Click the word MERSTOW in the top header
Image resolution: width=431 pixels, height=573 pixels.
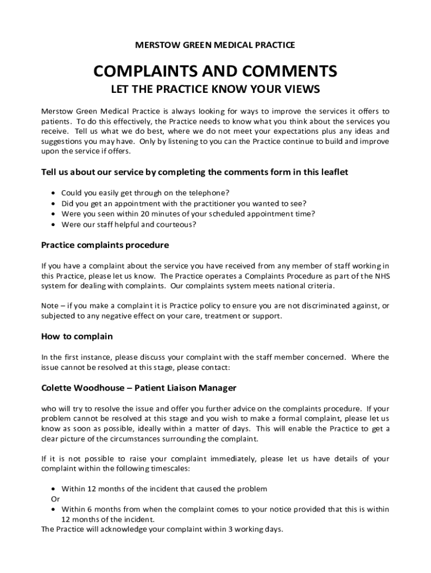pyautogui.click(x=156, y=44)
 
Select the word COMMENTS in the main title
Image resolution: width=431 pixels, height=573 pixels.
pyautogui.click(x=285, y=71)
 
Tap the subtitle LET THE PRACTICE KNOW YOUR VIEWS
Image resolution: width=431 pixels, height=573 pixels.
pyautogui.click(x=215, y=89)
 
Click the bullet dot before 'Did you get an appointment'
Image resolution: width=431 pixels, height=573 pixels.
pyautogui.click(x=53, y=204)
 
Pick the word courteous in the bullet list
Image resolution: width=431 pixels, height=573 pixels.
pyautogui.click(x=177, y=224)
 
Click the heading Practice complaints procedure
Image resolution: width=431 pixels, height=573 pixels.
pyautogui.click(x=105, y=245)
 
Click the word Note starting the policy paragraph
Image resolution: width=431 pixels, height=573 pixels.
pyautogui.click(x=50, y=306)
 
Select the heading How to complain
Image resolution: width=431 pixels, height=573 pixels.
pyautogui.click(x=77, y=336)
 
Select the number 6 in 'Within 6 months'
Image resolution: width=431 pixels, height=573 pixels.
pyautogui.click(x=90, y=509)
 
